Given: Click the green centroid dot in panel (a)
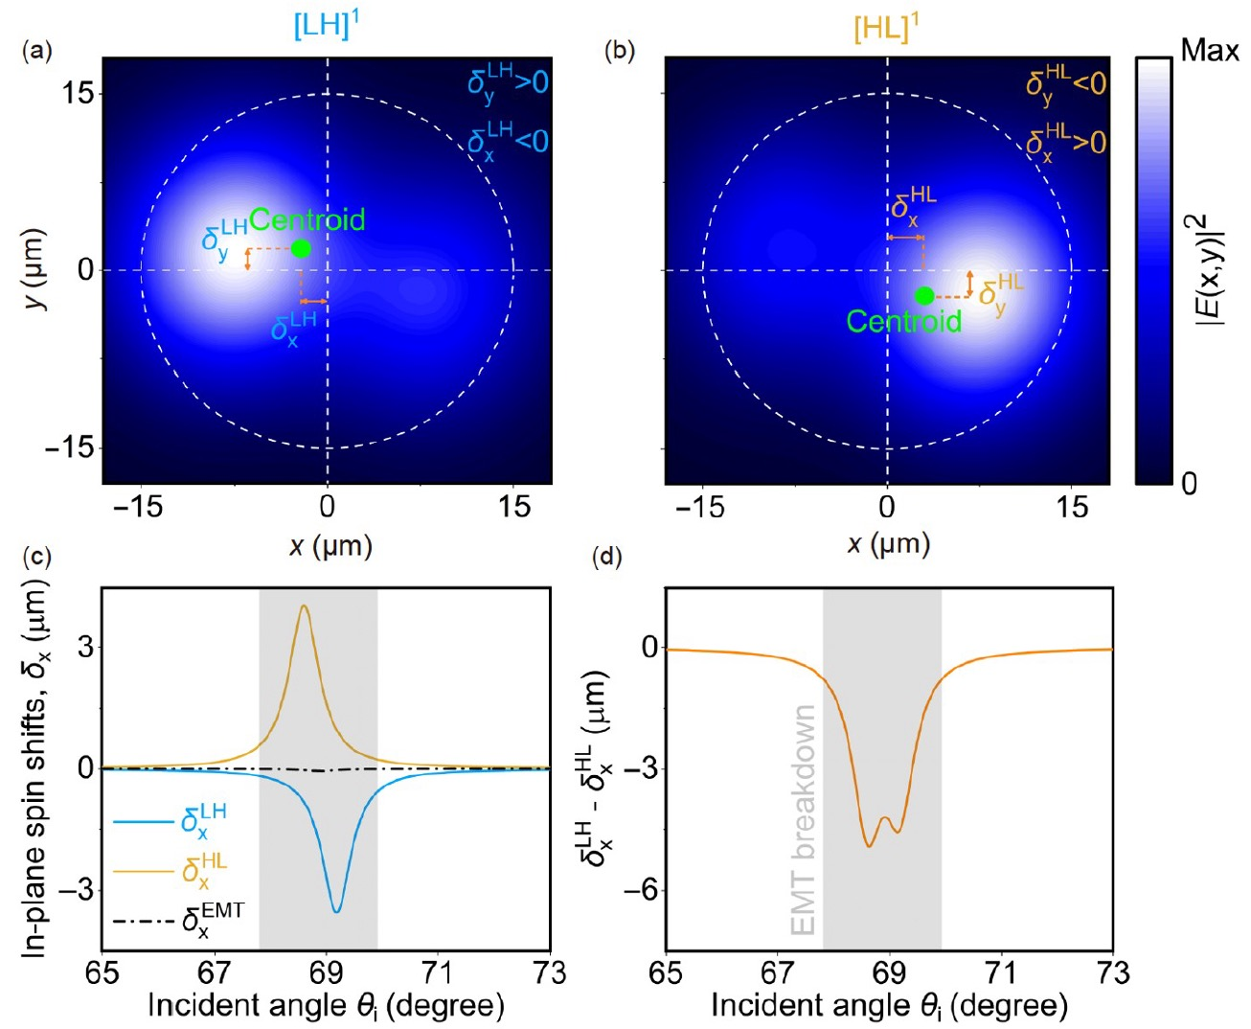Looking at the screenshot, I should tap(301, 248).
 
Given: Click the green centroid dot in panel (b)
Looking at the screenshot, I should tap(924, 296).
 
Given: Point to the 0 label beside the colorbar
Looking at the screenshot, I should tap(1189, 483).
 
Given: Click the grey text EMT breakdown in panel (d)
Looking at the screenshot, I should tap(804, 820).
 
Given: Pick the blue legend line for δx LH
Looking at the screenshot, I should tap(144, 822).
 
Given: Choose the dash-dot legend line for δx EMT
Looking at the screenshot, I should tap(144, 922).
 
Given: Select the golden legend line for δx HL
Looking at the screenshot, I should tap(144, 872).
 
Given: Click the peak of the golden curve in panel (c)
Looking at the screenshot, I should tap(305, 606).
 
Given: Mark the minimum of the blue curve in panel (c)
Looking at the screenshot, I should tap(336, 911).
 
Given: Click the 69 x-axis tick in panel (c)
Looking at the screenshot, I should tap(326, 973).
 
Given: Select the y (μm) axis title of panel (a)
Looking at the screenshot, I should tap(35, 273).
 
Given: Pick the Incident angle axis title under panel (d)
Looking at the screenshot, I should tap(889, 1006).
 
